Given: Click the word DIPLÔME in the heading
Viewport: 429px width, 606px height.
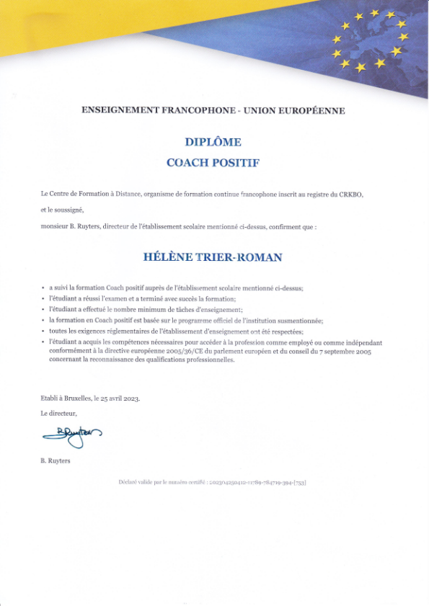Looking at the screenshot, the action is [x=213, y=142].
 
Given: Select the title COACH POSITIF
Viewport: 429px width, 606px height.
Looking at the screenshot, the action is [x=213, y=162].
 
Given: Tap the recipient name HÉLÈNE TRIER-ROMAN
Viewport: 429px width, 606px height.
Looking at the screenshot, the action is [x=213, y=257].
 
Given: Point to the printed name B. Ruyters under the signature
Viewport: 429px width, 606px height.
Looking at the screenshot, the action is [x=56, y=460].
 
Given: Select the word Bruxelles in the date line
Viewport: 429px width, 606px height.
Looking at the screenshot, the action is [x=76, y=398].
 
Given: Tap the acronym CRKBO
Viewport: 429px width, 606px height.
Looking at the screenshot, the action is [x=353, y=194].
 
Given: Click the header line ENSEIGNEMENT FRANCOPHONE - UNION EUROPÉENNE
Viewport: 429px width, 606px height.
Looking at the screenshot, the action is [x=213, y=110].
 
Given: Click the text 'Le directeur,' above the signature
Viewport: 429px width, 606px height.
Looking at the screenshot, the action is [x=58, y=413].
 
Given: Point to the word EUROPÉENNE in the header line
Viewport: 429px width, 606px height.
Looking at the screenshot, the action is [x=310, y=110].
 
